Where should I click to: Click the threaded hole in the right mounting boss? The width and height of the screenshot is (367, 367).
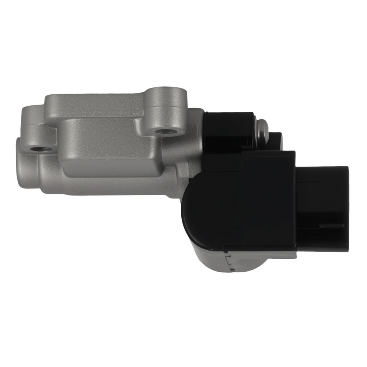point(161,131)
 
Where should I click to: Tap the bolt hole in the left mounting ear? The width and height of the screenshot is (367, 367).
point(38,149)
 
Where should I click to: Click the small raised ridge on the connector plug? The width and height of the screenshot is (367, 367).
point(332,225)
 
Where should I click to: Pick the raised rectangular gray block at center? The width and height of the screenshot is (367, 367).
point(106,147)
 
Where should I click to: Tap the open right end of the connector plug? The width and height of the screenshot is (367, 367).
point(347,209)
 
